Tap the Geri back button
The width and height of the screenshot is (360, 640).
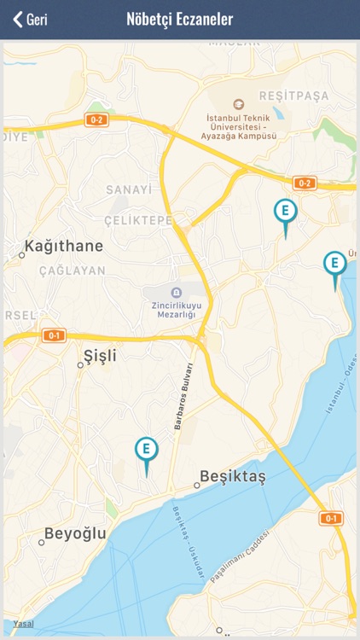point(30,20)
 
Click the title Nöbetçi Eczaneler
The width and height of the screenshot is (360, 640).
point(179,20)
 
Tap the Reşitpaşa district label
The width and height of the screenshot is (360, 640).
point(293,96)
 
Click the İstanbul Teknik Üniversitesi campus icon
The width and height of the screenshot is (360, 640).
point(238,104)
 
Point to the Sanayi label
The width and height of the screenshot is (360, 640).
point(129,189)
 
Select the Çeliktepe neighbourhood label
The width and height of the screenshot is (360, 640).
point(138,220)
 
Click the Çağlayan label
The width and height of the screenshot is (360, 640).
point(73,271)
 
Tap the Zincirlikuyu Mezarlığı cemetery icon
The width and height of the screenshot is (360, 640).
point(177,293)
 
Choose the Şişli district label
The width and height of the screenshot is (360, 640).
point(100,355)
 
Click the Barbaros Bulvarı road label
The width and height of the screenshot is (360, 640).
point(181,399)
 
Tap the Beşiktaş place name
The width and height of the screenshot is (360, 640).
point(232,476)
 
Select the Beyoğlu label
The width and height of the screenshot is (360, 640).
point(75,534)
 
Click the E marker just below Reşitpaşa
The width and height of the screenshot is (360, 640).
point(286,211)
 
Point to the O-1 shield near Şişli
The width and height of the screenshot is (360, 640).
point(54,335)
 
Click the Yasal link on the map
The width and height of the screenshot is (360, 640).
point(23,624)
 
